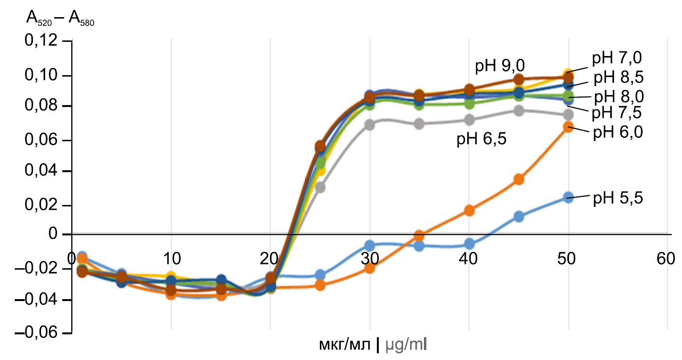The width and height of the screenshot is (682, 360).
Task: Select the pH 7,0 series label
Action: coord(617,58)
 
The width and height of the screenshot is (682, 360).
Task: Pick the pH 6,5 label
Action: coord(482,140)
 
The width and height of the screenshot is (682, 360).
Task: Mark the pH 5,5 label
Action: coord(617,198)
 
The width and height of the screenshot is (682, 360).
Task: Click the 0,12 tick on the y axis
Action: coord(44,41)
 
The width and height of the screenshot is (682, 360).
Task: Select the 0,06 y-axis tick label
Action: coord(44,141)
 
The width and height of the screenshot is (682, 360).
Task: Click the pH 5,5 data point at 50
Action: coord(568,197)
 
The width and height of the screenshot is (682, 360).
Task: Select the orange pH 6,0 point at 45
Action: coord(519,179)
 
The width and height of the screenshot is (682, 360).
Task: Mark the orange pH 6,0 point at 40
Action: coord(469,210)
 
